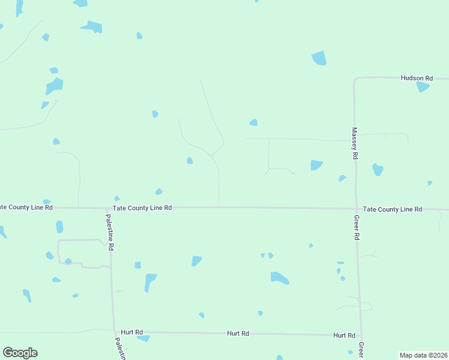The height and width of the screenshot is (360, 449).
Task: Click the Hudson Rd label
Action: pos(417,78)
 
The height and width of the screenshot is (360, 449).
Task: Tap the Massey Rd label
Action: pos(355,143)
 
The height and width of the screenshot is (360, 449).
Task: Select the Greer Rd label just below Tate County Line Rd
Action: pos(356,227)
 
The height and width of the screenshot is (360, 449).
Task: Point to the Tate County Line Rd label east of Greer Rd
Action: pos(393,209)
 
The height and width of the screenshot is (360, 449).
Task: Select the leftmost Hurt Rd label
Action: pos(131,332)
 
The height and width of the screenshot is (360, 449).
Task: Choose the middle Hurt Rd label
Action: pos(238,333)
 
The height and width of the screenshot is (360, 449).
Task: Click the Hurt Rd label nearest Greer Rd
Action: pos(344,335)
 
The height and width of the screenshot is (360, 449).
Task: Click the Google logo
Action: pos(20,352)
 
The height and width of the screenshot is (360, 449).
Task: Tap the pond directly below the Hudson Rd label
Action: pos(423,87)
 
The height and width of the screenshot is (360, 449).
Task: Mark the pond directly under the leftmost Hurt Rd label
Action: pos(143,338)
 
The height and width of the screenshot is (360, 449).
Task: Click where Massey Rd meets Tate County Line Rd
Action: pos(356,209)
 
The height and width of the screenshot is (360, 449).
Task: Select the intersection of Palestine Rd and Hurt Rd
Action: pos(114,331)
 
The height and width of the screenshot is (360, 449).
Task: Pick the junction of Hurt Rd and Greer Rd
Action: pos(360,335)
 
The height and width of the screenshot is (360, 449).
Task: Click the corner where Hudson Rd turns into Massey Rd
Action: pos(355,79)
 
